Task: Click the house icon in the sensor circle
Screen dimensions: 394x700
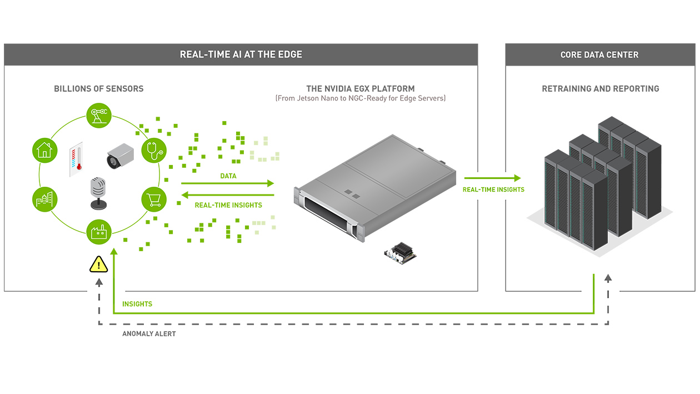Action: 44,150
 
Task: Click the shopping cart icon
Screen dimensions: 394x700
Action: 154,198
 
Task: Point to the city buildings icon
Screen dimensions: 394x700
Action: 44,198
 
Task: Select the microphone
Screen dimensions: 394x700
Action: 98,192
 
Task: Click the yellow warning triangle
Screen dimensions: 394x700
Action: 99,265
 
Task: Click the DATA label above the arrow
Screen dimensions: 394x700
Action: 228,176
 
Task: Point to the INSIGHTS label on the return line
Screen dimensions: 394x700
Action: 137,304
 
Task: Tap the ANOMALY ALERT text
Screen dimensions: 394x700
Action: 149,334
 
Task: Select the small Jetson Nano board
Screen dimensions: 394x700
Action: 400,252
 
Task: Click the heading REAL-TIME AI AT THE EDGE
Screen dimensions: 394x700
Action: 241,54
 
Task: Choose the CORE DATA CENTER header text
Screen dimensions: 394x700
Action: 599,54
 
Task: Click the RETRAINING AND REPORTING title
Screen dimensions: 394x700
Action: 600,89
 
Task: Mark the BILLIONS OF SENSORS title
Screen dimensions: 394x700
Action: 98,89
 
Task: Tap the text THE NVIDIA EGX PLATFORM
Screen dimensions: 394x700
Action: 360,89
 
